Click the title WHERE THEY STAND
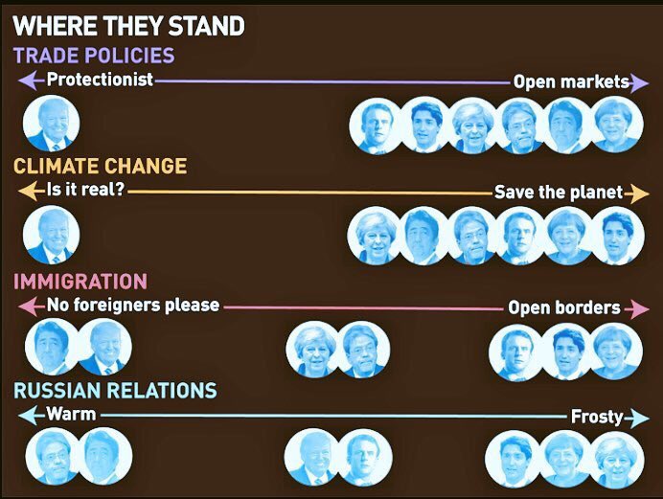tap(128, 24)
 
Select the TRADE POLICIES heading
tap(94, 56)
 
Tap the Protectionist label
tap(100, 80)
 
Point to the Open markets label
tap(571, 82)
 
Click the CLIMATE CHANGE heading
tap(100, 167)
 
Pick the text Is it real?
tap(85, 192)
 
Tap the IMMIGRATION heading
tap(80, 282)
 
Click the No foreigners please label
tap(133, 306)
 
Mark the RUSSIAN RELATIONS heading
tap(115, 391)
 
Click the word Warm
tap(71, 415)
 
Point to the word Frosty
tap(597, 418)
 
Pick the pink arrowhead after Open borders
tap(638, 308)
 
